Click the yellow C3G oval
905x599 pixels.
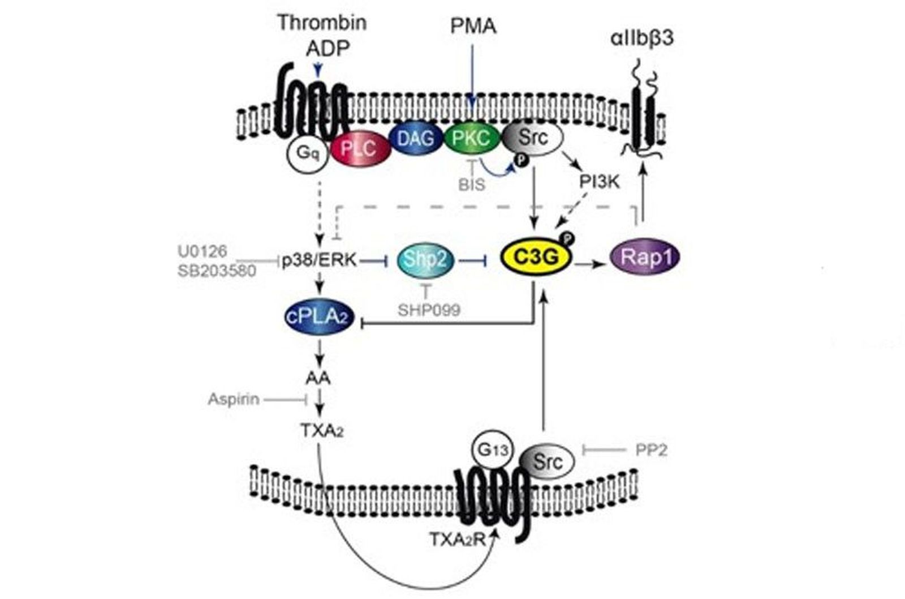[x=535, y=257]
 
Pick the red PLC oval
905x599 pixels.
[x=360, y=149]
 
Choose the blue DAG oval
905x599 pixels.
[x=416, y=138]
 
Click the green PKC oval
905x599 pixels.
[x=472, y=138]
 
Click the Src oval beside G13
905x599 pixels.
[x=546, y=461]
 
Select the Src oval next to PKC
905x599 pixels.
[x=532, y=137]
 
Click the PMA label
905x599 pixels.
[x=473, y=26]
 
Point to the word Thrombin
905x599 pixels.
[x=322, y=23]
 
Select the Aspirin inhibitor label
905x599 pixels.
[x=233, y=399]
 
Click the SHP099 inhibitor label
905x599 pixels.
[x=429, y=310]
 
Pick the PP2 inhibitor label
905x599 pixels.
[x=651, y=450]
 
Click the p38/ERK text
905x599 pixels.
[x=320, y=260]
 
